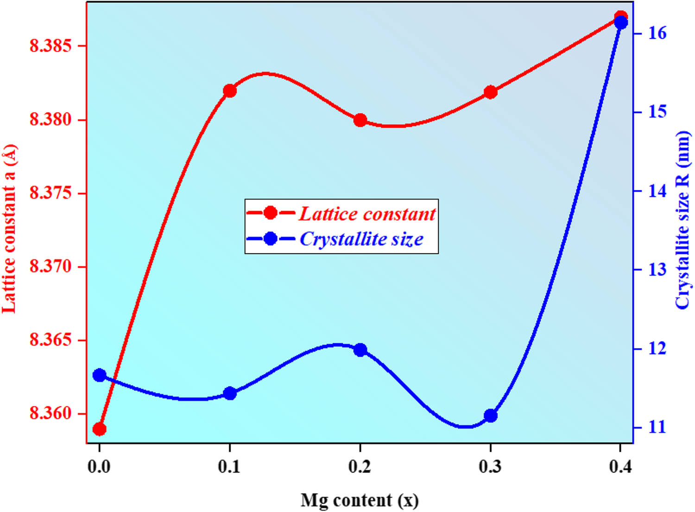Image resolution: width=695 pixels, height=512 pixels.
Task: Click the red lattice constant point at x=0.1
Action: click(230, 91)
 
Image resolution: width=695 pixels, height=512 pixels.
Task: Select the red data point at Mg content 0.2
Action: click(360, 121)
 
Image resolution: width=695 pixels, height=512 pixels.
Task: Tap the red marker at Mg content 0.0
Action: click(99, 429)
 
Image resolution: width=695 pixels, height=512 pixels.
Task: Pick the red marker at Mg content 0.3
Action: click(491, 92)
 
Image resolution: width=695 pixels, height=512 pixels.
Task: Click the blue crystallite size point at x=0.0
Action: click(99, 375)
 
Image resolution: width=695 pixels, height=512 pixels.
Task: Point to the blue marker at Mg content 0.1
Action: click(230, 393)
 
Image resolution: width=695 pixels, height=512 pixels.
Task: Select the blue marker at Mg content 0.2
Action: click(360, 350)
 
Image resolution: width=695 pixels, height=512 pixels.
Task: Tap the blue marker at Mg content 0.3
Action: click(491, 416)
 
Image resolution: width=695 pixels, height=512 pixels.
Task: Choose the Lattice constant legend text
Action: click(367, 214)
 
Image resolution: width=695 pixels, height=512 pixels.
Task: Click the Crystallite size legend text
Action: click(361, 239)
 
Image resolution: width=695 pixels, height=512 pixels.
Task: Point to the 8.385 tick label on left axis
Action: click(51, 46)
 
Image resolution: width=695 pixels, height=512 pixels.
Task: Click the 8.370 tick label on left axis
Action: click(51, 267)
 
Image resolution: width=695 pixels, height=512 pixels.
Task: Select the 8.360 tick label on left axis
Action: click(51, 413)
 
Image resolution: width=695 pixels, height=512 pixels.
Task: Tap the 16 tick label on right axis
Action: click(657, 33)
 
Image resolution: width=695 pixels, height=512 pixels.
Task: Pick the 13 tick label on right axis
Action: click(657, 269)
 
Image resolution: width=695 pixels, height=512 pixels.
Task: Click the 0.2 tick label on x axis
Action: click(360, 467)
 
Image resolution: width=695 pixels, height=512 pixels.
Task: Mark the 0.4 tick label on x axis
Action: click(621, 467)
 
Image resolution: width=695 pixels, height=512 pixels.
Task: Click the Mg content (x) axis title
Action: click(360, 500)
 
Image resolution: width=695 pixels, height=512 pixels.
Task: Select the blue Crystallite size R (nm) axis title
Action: click(683, 220)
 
